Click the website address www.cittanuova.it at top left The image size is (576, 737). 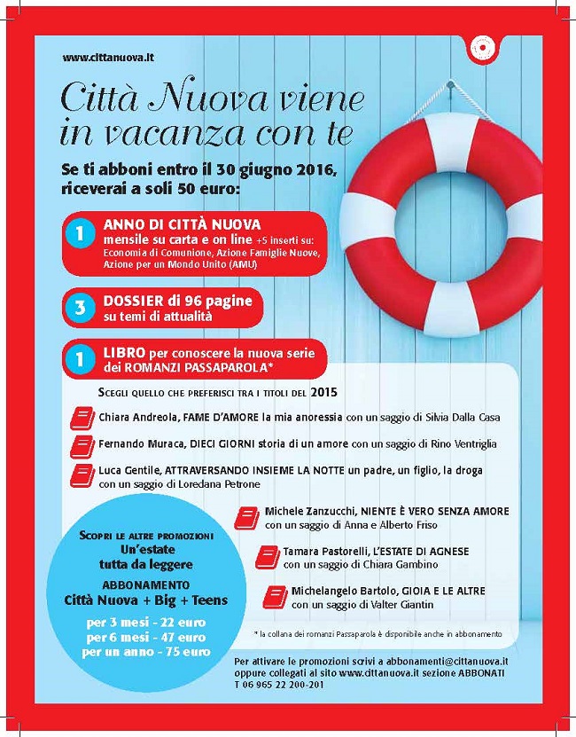coord(97,58)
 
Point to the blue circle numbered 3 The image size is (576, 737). coord(80,307)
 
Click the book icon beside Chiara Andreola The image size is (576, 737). coord(81,417)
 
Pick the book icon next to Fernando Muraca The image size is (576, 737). coord(81,444)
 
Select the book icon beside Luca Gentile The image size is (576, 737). coord(81,475)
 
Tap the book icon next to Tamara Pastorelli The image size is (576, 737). coord(265,556)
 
